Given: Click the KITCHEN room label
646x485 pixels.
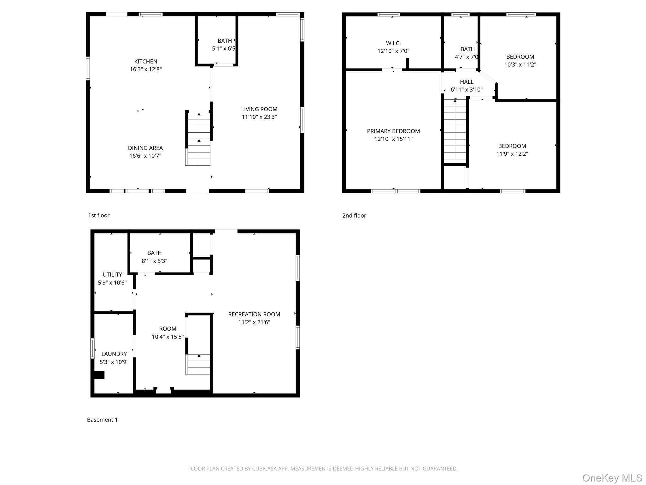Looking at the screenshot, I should (145, 62).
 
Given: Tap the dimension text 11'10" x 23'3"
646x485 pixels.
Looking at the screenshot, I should (259, 117).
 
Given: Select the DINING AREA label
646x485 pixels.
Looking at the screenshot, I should (145, 148).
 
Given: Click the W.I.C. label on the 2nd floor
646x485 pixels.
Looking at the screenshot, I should (393, 43).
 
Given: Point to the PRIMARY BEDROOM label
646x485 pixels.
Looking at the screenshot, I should (393, 131).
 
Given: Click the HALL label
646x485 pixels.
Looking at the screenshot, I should (466, 82).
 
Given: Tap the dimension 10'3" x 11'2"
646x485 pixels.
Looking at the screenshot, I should (520, 65).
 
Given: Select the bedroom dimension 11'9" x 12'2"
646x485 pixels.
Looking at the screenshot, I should (512, 154).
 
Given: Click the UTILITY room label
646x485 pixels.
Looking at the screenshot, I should (112, 275).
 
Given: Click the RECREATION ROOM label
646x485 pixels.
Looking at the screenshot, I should (254, 314).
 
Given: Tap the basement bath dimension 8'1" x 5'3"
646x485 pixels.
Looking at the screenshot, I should (154, 261).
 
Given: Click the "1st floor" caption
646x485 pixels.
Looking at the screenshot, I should (99, 216).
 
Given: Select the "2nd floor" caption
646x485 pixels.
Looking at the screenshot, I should (354, 216).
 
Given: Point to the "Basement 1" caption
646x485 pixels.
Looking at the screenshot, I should (102, 420).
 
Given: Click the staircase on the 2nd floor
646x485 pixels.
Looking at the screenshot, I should (455, 129).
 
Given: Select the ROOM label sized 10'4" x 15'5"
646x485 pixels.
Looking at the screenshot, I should (167, 329).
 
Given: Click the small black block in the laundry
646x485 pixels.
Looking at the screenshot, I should (99, 375).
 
